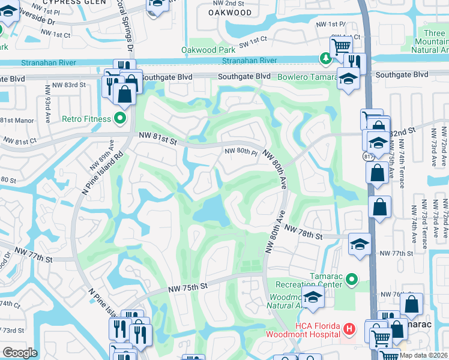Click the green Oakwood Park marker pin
coord(325,58)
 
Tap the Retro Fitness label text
coord(86,118)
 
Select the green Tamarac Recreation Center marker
coord(352,278)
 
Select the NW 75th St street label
coord(187,287)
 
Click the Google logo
coord(20,352)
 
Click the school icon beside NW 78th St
coord(360,244)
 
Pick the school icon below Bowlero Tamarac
coord(348,78)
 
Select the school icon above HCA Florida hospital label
coord(313,298)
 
